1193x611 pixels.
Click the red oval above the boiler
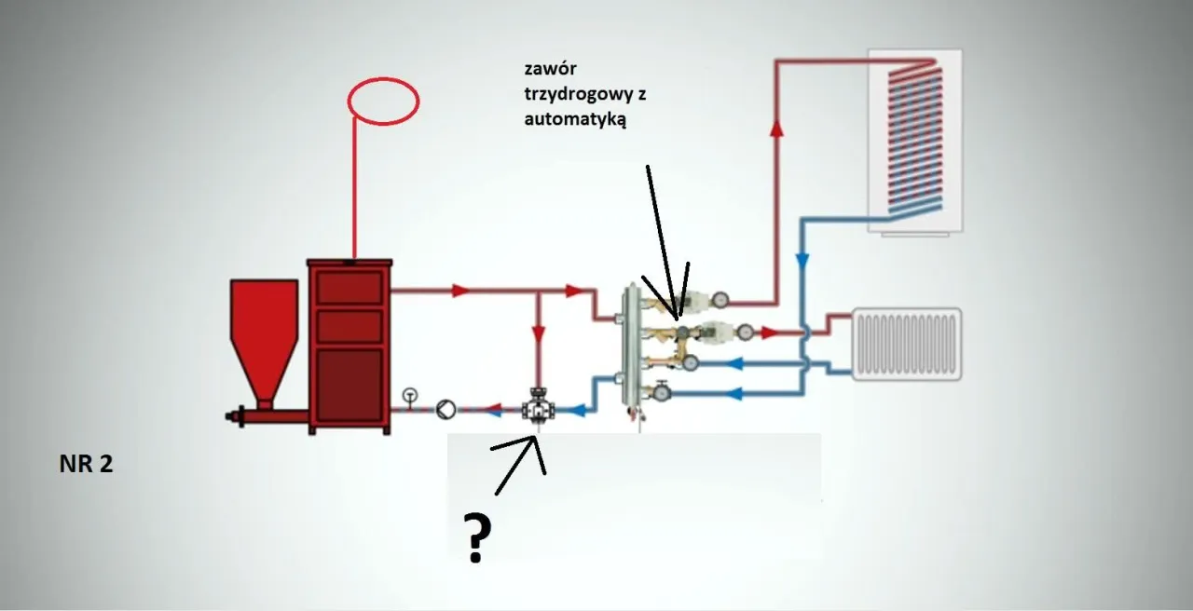(x=383, y=101)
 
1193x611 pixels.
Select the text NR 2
(x=86, y=465)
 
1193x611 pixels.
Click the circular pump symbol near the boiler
(x=446, y=408)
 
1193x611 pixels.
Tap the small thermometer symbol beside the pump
(x=410, y=396)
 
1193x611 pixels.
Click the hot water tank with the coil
(x=914, y=140)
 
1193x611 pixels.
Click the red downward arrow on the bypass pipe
(x=539, y=331)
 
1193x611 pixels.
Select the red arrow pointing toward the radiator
(x=770, y=332)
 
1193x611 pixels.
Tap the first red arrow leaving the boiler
(x=458, y=291)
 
